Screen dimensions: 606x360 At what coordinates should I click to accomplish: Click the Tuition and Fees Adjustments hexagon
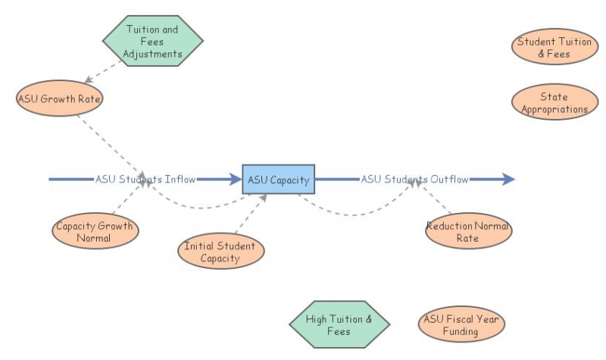coord(153,41)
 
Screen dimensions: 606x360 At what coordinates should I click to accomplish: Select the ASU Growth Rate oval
coord(59,99)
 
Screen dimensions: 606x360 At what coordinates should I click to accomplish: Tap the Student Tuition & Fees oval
coord(554,46)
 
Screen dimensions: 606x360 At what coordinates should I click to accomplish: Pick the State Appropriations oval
coord(554,102)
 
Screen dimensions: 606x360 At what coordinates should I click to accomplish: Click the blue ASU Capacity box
coord(278,179)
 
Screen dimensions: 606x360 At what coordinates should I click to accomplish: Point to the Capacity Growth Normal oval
coord(95,231)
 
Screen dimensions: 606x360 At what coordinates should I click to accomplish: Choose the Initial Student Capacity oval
coord(220,251)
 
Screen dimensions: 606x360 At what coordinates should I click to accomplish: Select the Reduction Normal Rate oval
coord(468,231)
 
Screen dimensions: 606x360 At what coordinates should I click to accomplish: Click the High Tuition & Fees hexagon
coord(339,324)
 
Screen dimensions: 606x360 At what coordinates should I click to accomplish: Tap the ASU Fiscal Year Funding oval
coord(461,324)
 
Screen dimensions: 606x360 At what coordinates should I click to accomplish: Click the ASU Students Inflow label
coord(145,179)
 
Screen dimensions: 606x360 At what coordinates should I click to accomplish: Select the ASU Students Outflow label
coord(414,179)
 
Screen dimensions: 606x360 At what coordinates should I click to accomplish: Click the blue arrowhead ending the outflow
coord(508,179)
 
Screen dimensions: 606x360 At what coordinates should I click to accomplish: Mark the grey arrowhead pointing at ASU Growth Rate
coord(88,80)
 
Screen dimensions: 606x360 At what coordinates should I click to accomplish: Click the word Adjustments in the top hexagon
coord(153,54)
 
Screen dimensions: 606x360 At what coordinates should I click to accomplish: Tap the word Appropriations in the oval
coord(554,109)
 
